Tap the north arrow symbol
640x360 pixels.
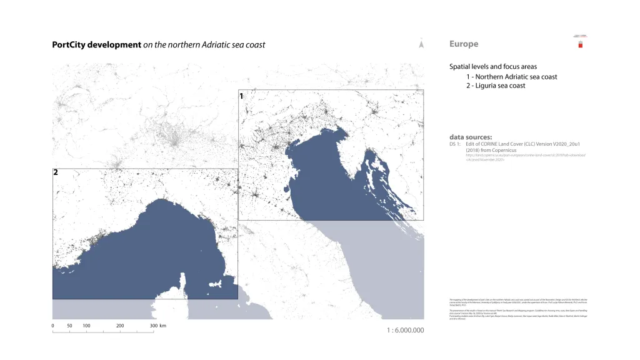(x=422, y=44)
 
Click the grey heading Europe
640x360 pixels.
(x=463, y=44)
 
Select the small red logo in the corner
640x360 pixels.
(x=579, y=44)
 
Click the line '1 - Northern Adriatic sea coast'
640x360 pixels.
(x=511, y=77)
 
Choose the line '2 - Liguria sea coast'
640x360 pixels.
(x=496, y=86)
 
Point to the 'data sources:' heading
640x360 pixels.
(x=471, y=137)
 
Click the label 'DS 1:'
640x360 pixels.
(x=454, y=144)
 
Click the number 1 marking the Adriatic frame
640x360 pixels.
(x=241, y=96)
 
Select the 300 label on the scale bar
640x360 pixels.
(x=153, y=326)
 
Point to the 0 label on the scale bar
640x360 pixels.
(x=52, y=326)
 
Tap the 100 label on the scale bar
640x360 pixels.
(x=86, y=326)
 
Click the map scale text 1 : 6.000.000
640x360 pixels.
(x=405, y=330)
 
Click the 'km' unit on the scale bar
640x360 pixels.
(x=162, y=326)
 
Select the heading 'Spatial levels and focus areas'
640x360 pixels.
(x=492, y=66)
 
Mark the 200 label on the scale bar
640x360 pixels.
(x=120, y=326)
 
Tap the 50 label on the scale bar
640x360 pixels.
(x=69, y=326)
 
